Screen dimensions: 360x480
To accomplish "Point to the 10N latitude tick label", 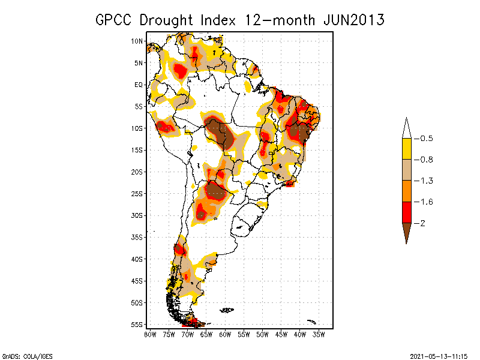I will click(x=137, y=41).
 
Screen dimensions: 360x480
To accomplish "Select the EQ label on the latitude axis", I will click(x=139, y=85).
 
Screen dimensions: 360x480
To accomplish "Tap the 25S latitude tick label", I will click(x=137, y=193).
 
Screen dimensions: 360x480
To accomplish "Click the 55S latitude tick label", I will click(x=137, y=324).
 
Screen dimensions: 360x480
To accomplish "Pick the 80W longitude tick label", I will click(x=150, y=334).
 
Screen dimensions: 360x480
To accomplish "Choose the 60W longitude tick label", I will click(x=225, y=334).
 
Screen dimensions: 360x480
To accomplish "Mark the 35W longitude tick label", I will click(x=319, y=334).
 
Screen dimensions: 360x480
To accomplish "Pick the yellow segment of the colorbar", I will click(x=406, y=149).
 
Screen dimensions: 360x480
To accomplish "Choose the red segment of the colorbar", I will click(x=406, y=212).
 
